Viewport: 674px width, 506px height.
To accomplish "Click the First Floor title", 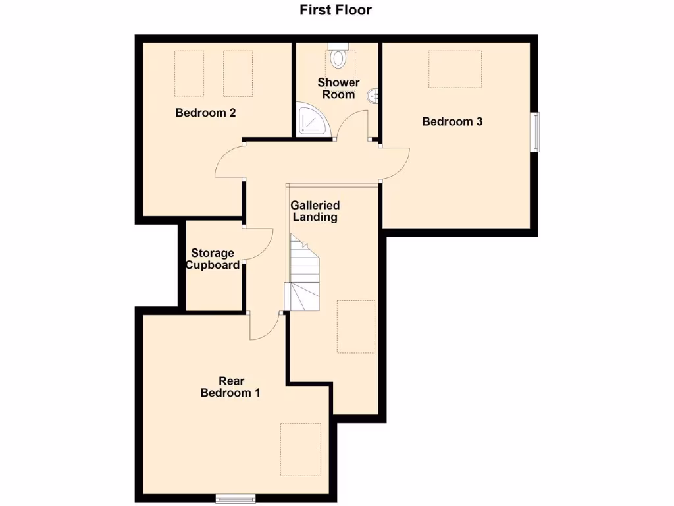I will click(336, 10).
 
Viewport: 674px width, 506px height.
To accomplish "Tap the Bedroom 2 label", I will click(205, 113).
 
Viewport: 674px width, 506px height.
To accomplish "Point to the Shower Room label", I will click(338, 88).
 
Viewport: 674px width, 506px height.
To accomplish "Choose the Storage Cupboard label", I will click(213, 259).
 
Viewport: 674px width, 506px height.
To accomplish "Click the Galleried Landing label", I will click(315, 211).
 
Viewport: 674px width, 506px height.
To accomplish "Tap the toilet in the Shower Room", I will click(338, 57).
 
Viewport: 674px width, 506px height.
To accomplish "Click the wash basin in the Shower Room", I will click(375, 96).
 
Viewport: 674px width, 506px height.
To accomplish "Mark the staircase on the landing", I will click(304, 273).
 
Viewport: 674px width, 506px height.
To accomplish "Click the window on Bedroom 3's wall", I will click(536, 132).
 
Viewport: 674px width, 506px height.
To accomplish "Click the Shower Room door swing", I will click(353, 125).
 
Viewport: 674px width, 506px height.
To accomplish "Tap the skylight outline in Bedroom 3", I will click(456, 69).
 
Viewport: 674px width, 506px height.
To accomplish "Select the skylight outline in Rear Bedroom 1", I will click(299, 448).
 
